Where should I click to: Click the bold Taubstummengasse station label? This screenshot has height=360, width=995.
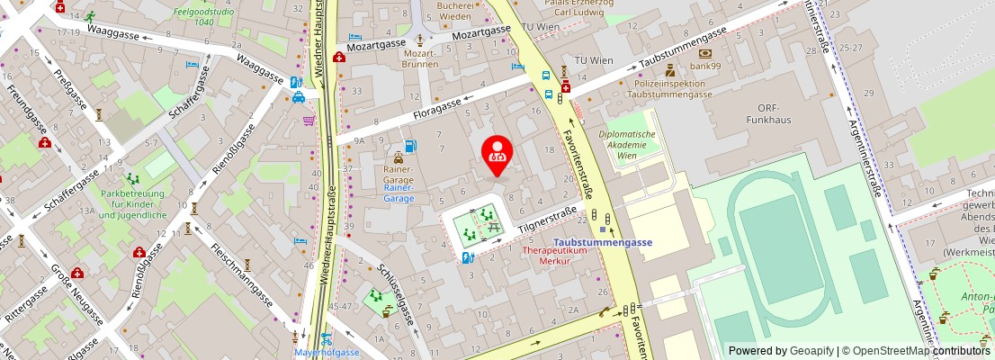point(602,242)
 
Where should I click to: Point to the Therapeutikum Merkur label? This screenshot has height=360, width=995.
point(568,256)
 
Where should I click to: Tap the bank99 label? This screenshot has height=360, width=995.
point(704,66)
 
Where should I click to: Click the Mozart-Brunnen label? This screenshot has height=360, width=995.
point(420,59)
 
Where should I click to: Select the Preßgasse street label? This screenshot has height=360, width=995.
point(69,89)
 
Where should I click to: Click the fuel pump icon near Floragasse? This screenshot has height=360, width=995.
point(410,146)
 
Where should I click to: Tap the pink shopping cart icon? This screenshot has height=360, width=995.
point(309,121)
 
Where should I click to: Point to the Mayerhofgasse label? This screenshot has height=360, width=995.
point(327,352)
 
